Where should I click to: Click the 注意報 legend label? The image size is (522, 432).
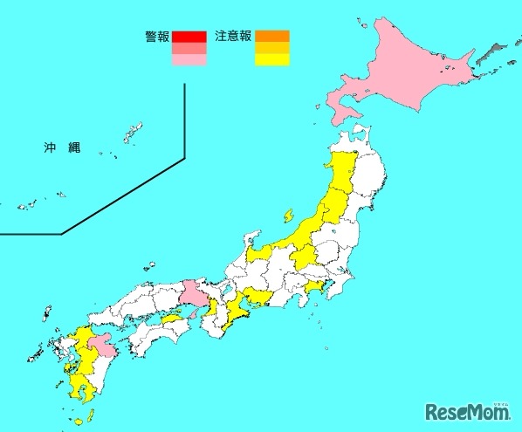pos(232,38)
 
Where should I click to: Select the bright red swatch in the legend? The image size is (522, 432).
pos(189,37)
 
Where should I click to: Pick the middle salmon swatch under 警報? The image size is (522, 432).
pos(189,49)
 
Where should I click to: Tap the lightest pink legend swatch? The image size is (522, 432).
pos(189,60)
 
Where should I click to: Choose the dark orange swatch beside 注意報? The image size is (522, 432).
pos(271,37)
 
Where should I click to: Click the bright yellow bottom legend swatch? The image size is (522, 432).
pos(271,60)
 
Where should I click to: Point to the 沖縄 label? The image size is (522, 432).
pos(61,148)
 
